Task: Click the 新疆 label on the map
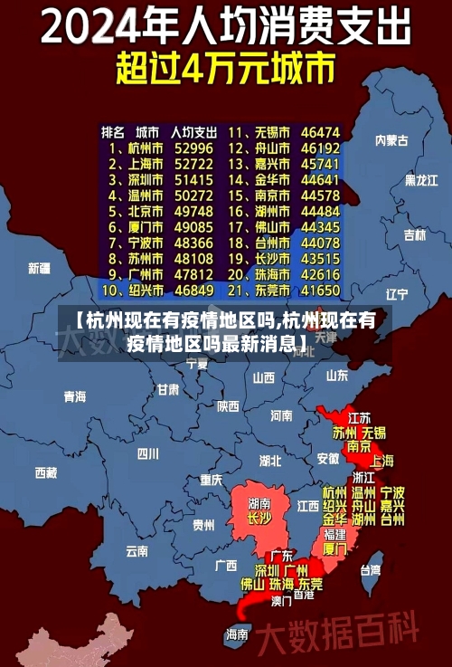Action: [x=39, y=269]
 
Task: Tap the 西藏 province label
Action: [x=45, y=472]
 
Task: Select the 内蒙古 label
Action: [x=391, y=140]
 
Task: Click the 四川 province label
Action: [x=147, y=453]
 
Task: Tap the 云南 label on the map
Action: [x=137, y=550]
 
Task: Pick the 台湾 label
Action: [x=371, y=570]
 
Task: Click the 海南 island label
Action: [x=237, y=634]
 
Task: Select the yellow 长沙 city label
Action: [x=259, y=519]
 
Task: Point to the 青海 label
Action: [x=74, y=396]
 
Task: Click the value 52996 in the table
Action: [x=193, y=148]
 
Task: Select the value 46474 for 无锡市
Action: [x=320, y=131]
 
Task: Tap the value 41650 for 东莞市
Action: [x=320, y=291]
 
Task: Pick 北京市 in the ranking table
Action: [x=145, y=211]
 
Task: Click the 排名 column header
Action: [x=112, y=131]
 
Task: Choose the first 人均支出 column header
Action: [x=193, y=131]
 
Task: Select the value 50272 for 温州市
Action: [x=193, y=195]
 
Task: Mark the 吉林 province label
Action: [x=414, y=235]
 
